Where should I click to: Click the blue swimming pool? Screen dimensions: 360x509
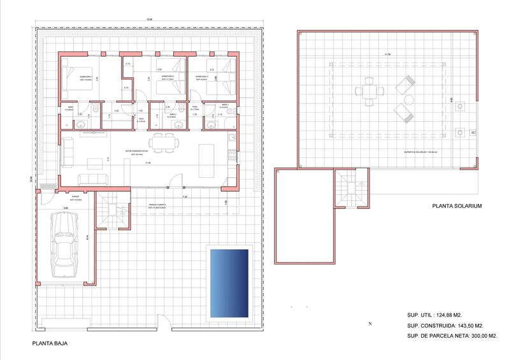(227, 284)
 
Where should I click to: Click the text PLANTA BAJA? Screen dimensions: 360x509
(50, 343)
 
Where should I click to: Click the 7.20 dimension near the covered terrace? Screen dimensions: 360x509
(185, 197)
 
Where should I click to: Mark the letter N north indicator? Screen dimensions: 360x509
(369, 324)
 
